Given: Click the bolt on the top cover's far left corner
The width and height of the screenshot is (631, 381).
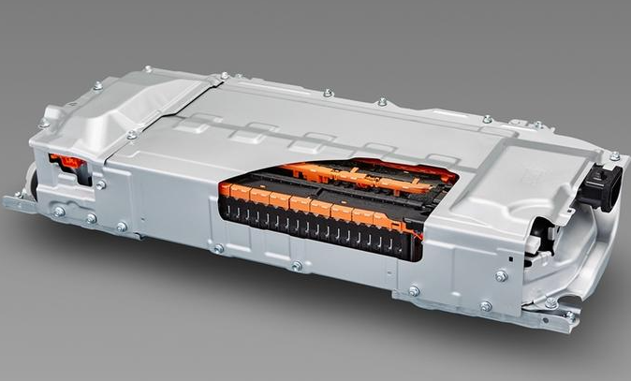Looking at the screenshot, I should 43,123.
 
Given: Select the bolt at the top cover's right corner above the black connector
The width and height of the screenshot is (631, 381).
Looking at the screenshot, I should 614,156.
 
